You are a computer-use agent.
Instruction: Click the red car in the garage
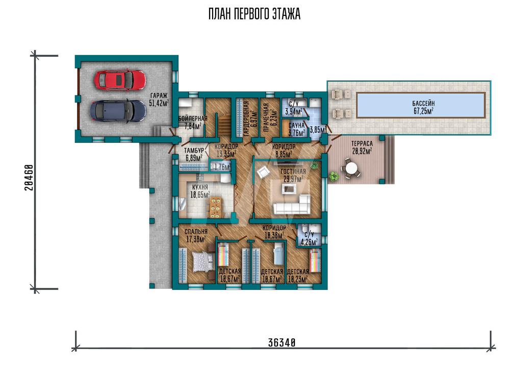pos(120,80)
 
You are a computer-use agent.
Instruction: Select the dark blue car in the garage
pos(118,111)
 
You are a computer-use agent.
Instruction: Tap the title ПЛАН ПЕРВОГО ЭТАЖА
pos(254,14)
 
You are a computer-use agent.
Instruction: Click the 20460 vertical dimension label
pos(29,178)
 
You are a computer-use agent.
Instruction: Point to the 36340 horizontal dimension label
pos(282,342)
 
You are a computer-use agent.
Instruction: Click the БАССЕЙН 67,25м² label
pos(423,107)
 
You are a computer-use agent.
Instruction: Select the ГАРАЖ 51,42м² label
pos(159,100)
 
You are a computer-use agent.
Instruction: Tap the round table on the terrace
pos(351,169)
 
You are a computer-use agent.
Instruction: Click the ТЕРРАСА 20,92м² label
pos(362,147)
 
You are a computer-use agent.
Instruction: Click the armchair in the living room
pos(263,172)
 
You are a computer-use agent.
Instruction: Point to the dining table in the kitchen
pos(215,207)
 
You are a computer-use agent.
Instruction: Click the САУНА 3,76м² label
pos(297,129)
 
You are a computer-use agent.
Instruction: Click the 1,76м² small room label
pos(222,167)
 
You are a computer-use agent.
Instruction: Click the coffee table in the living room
pos(289,189)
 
